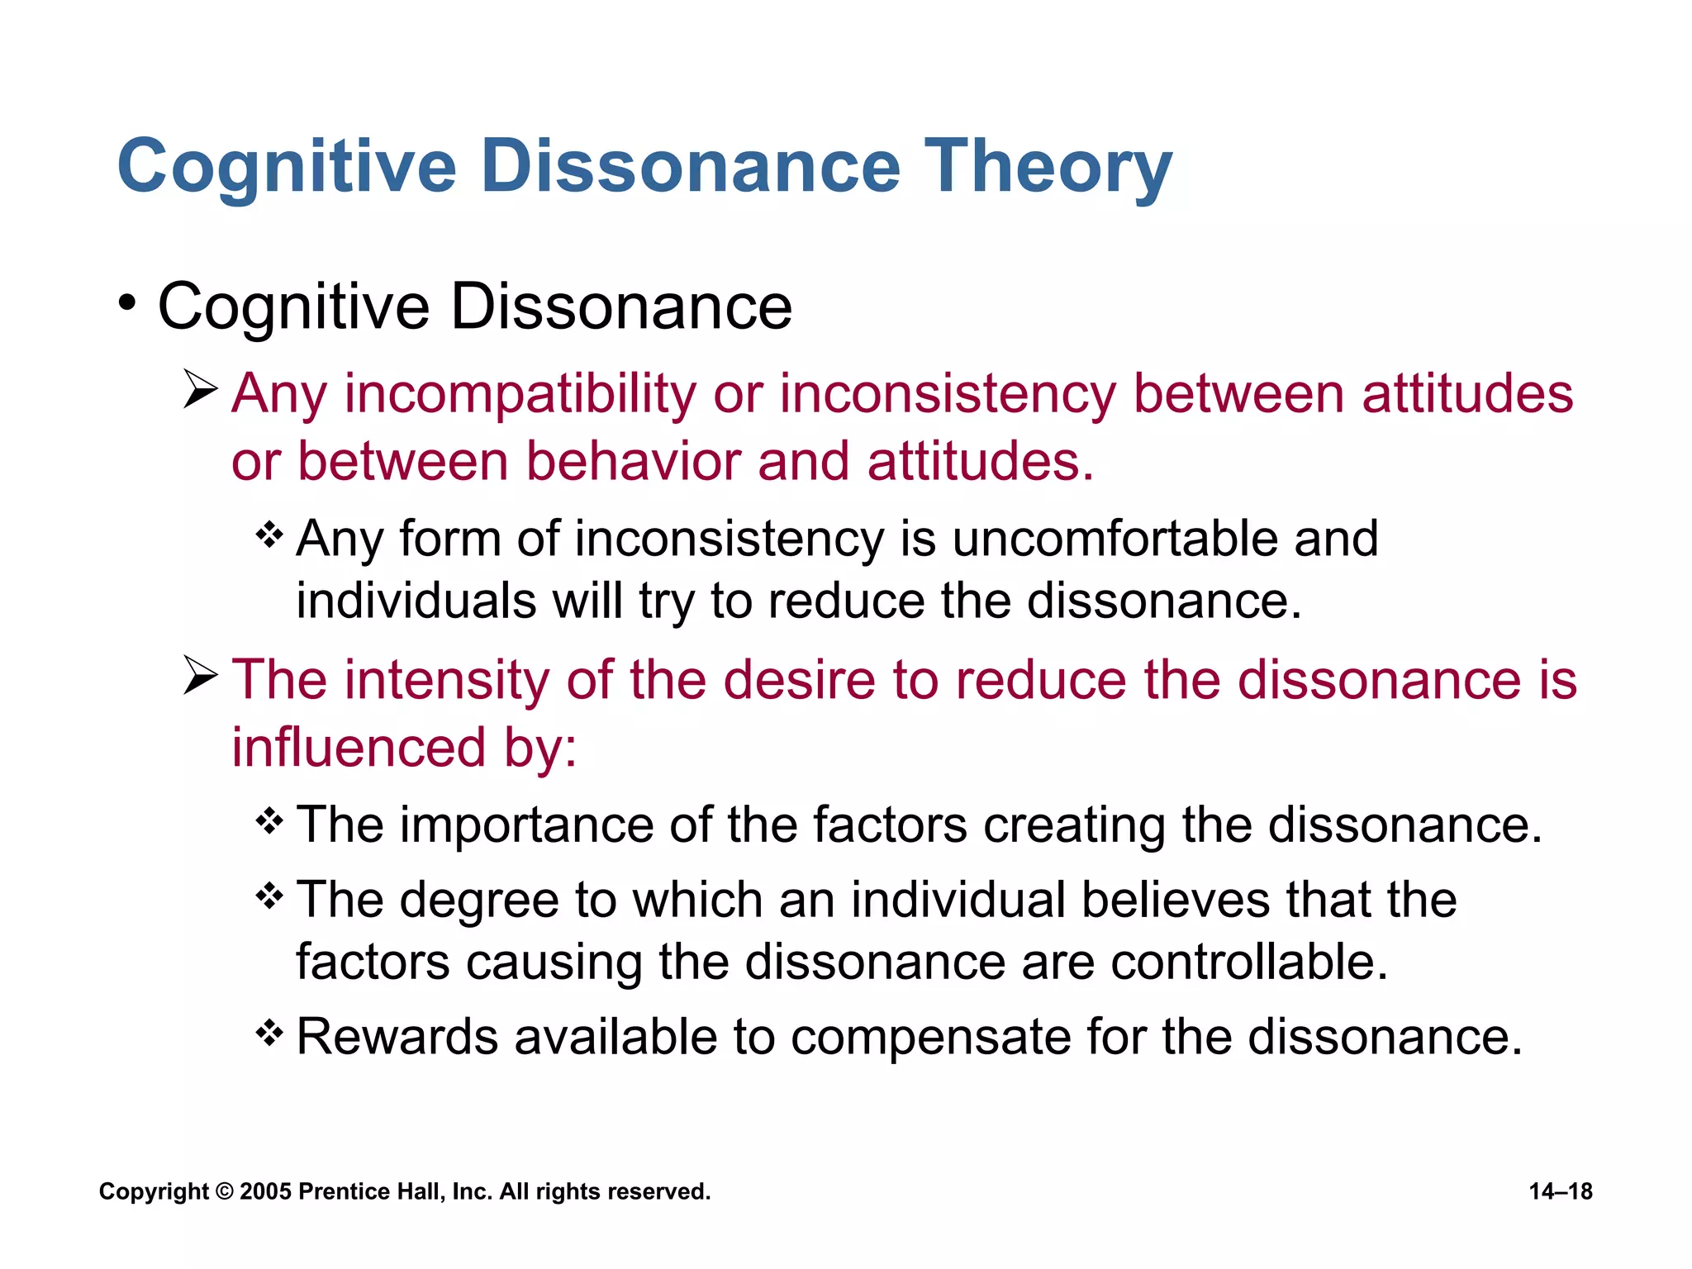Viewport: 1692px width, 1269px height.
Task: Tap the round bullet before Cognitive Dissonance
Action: point(126,303)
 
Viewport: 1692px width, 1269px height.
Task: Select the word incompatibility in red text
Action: point(520,393)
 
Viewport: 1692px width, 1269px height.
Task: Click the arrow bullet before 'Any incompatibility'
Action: point(200,389)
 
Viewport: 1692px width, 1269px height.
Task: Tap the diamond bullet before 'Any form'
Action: point(269,535)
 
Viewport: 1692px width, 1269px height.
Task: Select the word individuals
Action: point(416,601)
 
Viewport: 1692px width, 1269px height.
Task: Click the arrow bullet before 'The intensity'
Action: point(200,675)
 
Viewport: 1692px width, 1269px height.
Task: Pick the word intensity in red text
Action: point(447,680)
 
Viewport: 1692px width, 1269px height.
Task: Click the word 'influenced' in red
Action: point(359,748)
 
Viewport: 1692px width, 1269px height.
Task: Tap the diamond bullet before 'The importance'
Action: point(269,820)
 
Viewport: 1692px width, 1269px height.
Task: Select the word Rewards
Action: point(397,1037)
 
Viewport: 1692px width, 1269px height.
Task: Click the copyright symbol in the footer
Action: point(224,1191)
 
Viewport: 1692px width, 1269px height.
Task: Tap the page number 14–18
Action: point(1560,1191)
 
